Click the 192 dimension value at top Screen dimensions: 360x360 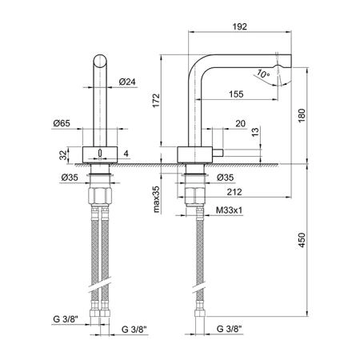pyautogui.click(x=239, y=26)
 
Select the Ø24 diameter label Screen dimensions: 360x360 pyautogui.click(x=127, y=82)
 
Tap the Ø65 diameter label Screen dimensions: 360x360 pyautogui.click(x=62, y=123)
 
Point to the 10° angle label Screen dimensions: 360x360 pyautogui.click(x=263, y=74)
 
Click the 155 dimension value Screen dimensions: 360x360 pyautogui.click(x=236, y=94)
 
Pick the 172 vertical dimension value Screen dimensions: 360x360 pyautogui.click(x=156, y=101)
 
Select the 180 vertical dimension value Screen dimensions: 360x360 pyautogui.click(x=302, y=115)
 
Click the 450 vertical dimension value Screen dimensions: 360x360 pyautogui.click(x=302, y=240)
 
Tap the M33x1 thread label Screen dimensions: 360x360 pyautogui.click(x=229, y=210)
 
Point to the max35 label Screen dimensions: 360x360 pyautogui.click(x=156, y=199)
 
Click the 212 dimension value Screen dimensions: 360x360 pyautogui.click(x=234, y=192)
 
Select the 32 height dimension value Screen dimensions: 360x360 pyautogui.click(x=63, y=155)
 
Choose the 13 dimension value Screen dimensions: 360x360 pyautogui.click(x=255, y=132)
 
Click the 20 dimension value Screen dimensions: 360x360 pyautogui.click(x=240, y=123)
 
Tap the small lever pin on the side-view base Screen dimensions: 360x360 pyautogui.click(x=218, y=154)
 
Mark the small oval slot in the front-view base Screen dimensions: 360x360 pyautogui.click(x=100, y=153)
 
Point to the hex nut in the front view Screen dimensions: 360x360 pyautogui.click(x=100, y=196)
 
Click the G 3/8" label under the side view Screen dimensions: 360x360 pyautogui.click(x=229, y=329)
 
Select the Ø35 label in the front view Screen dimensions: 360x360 pyautogui.click(x=70, y=178)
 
